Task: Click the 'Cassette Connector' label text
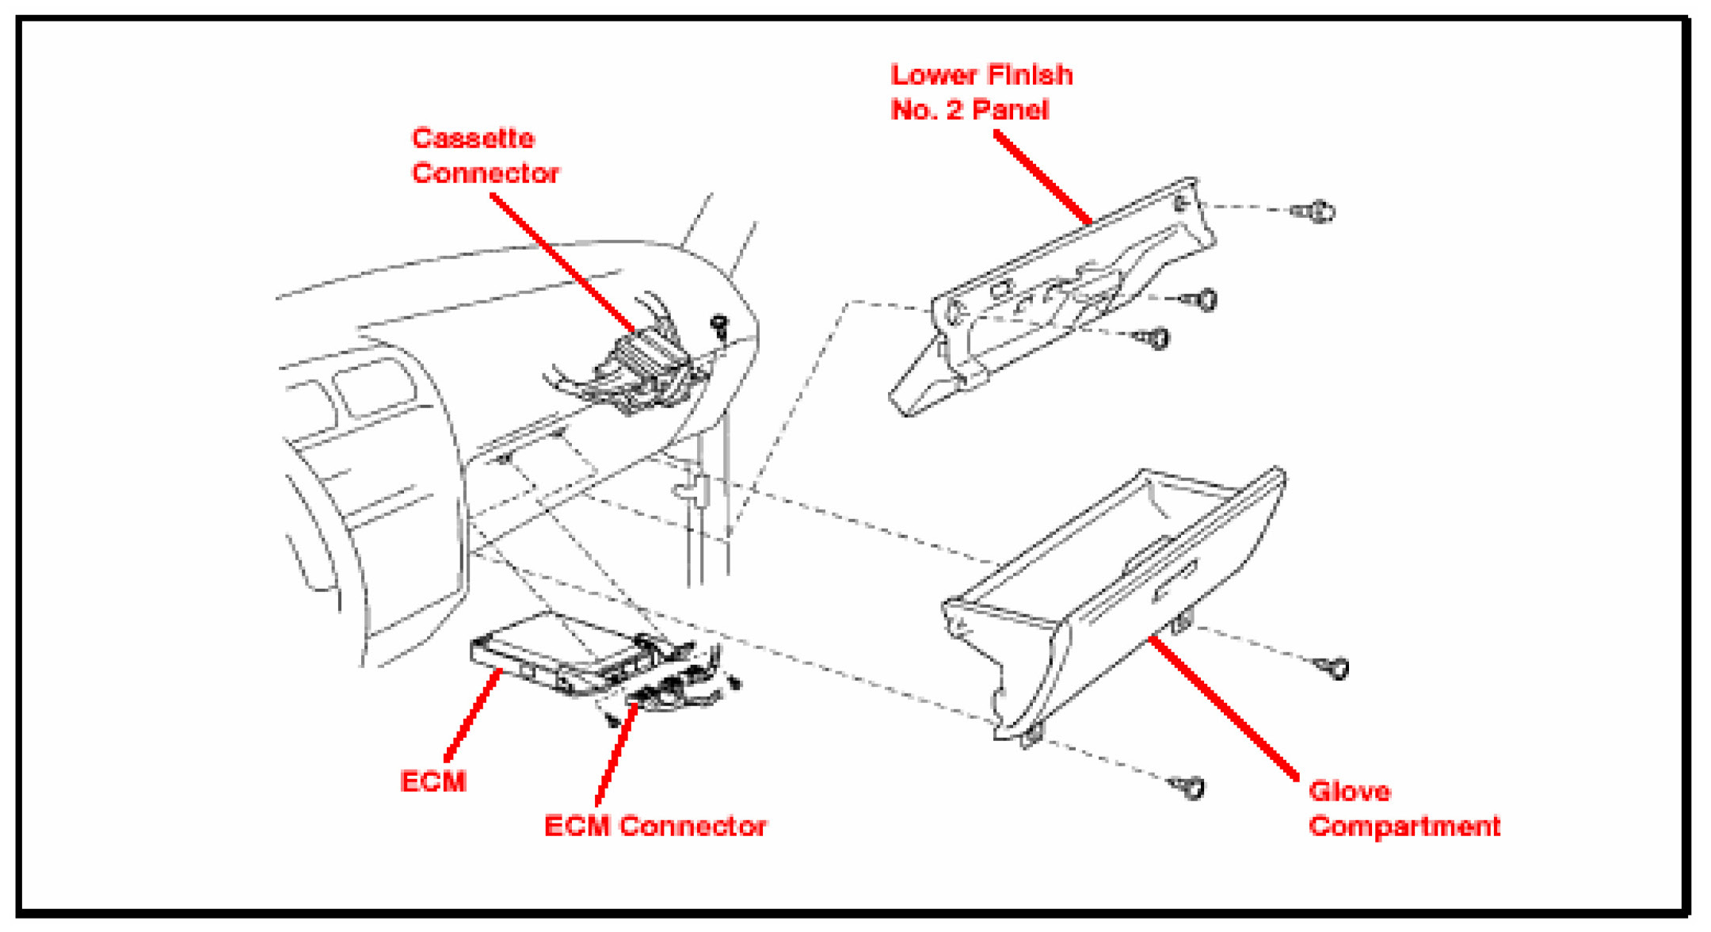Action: point(485,156)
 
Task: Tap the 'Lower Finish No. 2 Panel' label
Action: point(981,93)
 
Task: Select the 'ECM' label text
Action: point(433,782)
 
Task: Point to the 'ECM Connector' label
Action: point(655,827)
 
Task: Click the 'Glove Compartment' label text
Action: point(1404,809)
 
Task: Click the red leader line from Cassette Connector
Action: point(562,263)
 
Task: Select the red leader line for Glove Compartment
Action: point(1224,709)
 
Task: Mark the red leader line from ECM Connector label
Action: point(617,753)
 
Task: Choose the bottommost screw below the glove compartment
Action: point(1189,787)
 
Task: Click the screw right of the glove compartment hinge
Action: point(1333,667)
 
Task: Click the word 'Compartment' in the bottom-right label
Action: point(1404,827)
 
